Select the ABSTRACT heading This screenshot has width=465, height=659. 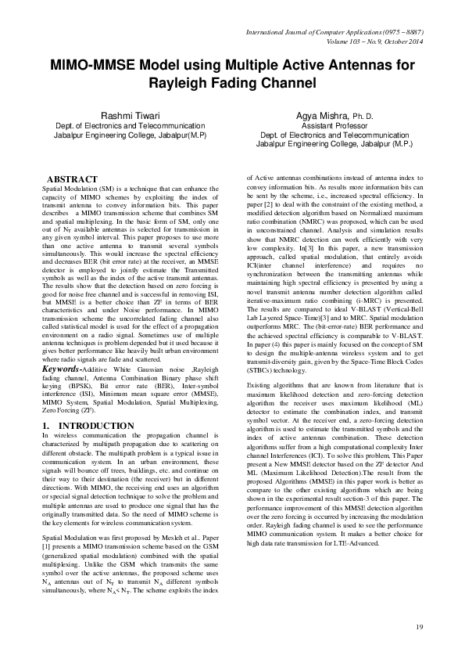73,179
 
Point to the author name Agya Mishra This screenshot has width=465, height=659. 322,115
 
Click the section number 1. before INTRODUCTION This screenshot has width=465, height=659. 45,425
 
